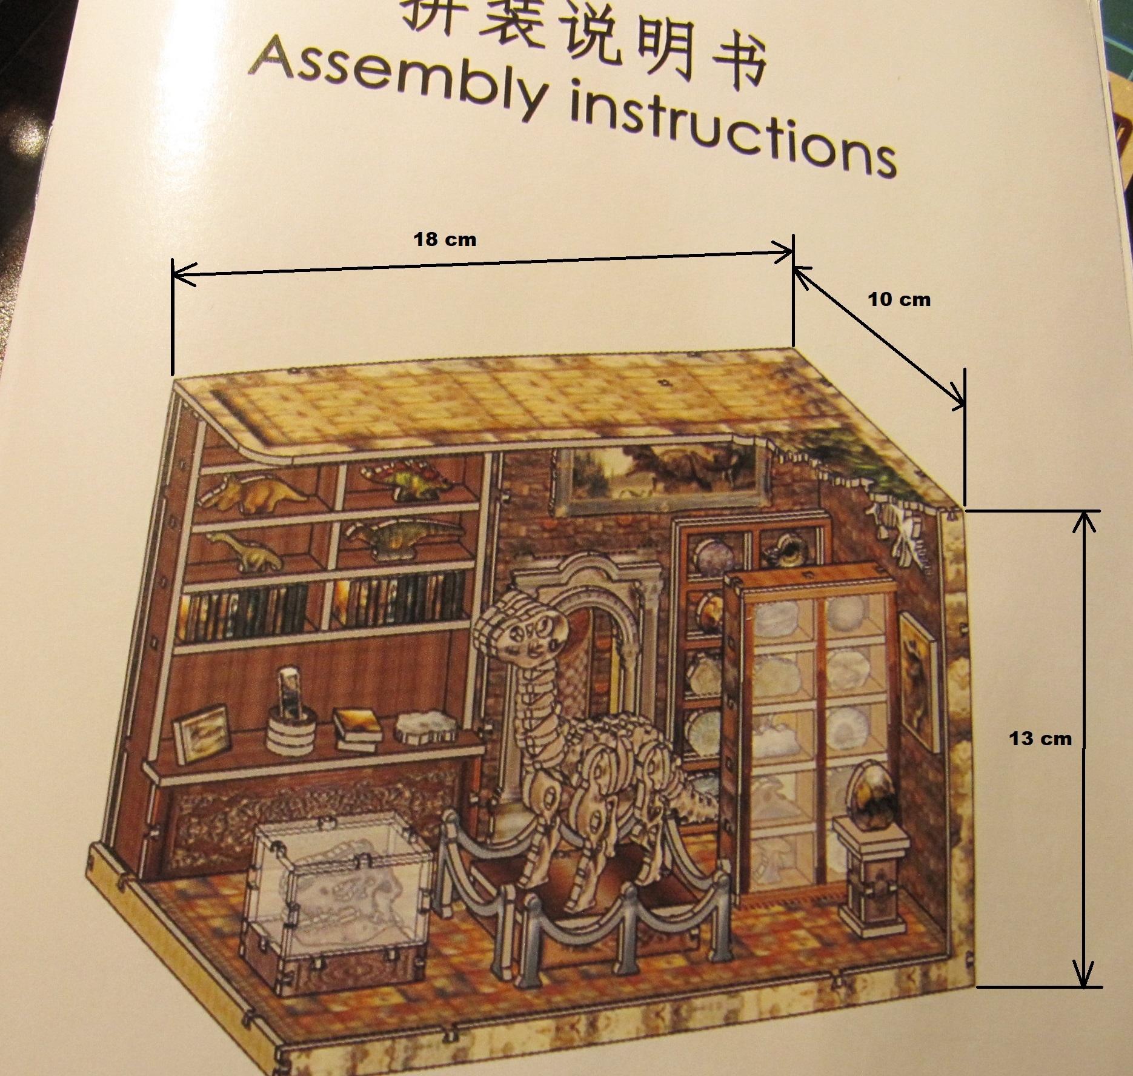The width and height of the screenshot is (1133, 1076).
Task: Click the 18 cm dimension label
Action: (x=445, y=239)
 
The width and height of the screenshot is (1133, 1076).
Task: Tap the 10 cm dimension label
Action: (x=899, y=299)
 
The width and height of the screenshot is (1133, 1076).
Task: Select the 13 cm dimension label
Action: (x=1040, y=739)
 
